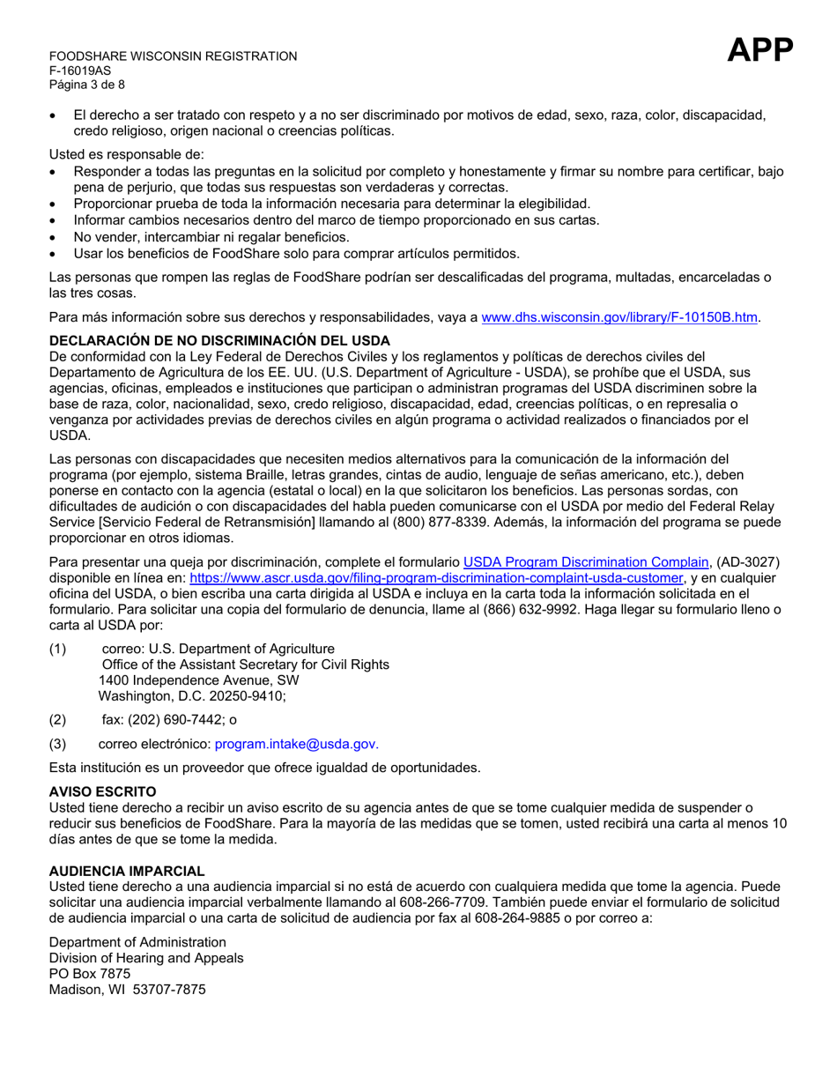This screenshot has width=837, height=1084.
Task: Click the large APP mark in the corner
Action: coord(760,51)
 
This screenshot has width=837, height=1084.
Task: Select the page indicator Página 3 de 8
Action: coord(86,85)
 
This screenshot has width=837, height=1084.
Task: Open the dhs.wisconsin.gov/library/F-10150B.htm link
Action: coord(619,317)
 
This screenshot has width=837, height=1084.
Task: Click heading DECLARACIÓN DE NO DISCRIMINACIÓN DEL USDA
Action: coord(219,340)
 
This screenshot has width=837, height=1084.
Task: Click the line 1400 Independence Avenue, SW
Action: coord(198,680)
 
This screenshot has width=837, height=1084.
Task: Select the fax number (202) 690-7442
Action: coord(174,719)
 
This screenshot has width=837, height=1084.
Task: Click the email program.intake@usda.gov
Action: coord(297,743)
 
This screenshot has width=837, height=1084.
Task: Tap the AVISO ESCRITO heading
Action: coord(102,791)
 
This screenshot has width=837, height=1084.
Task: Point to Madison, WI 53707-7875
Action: coord(127,989)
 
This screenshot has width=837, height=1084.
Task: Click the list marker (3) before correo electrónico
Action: coord(57,743)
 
